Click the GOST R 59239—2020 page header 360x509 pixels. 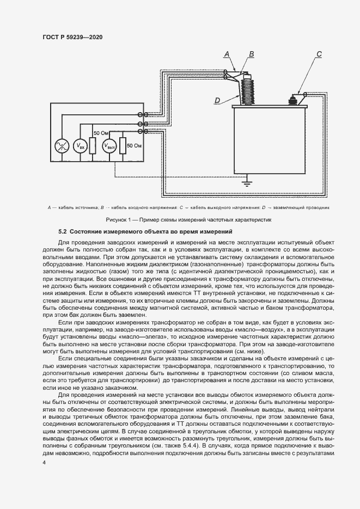pos(72,37)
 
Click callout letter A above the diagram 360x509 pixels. pos(228,53)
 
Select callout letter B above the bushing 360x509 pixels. pos(251,53)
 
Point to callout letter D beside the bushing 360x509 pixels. pos(217,100)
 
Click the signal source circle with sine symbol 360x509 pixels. pos(61,146)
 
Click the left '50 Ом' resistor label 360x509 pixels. pos(101,133)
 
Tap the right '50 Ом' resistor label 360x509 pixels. pos(134,146)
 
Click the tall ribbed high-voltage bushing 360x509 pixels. pos(248,90)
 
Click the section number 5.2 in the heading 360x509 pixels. pos(63,232)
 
